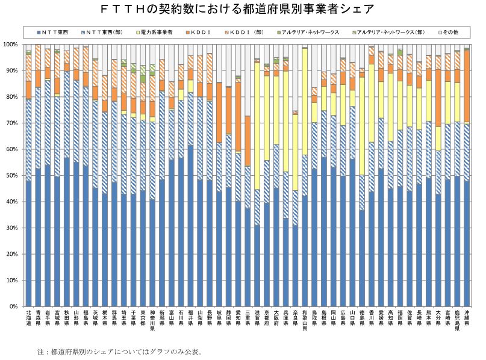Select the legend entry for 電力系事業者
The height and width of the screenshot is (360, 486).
[x=157, y=31]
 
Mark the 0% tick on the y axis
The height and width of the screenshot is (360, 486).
[x=13, y=306]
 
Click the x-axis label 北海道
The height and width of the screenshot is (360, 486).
[x=29, y=318]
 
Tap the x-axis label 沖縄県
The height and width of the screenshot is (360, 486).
[x=467, y=318]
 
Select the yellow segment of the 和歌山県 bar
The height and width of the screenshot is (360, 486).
[x=305, y=102]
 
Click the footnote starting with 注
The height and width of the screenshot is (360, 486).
[x=118, y=351]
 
